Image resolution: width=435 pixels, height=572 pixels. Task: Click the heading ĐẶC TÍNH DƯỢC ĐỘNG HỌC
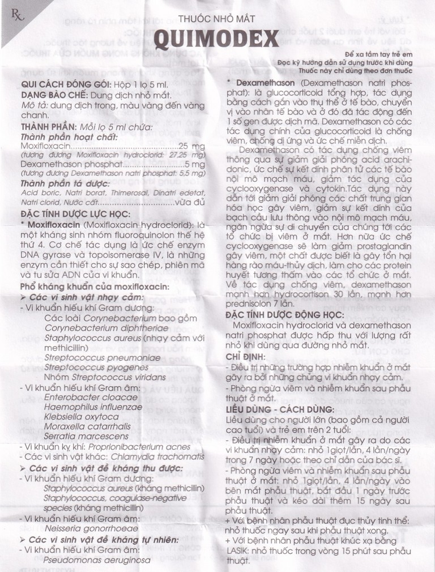(284, 312)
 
